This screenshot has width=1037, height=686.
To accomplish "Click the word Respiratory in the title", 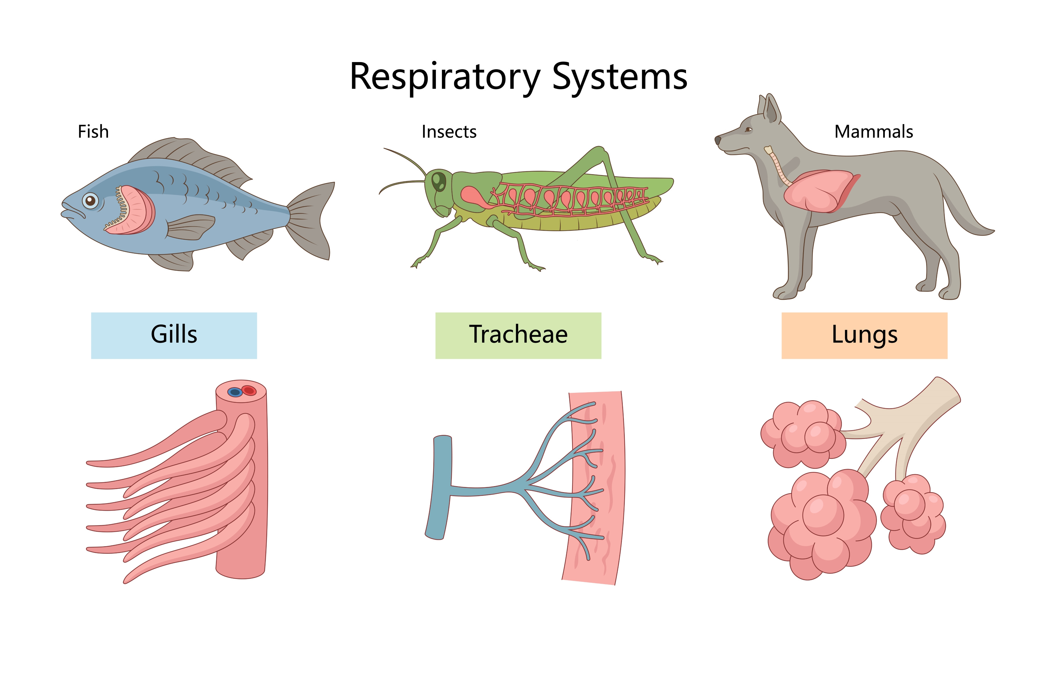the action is pyautogui.click(x=445, y=77).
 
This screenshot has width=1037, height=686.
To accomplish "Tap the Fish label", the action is pyautogui.click(x=93, y=132).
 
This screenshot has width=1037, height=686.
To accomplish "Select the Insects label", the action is pyautogui.click(x=449, y=132).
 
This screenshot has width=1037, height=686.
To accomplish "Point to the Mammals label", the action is pyautogui.click(x=874, y=132).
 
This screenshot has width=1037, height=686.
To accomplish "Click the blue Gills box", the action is pyautogui.click(x=174, y=336).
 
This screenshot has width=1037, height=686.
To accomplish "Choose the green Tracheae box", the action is pyautogui.click(x=518, y=336).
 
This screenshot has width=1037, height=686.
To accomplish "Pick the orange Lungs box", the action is pyautogui.click(x=865, y=336).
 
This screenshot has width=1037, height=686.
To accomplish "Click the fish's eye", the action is pyautogui.click(x=90, y=201).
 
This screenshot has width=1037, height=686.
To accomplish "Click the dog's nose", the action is pyautogui.click(x=718, y=140).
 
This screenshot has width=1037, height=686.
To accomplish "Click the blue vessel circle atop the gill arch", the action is pyautogui.click(x=235, y=392).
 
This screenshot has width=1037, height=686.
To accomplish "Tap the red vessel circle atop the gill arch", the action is pyautogui.click(x=249, y=390).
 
